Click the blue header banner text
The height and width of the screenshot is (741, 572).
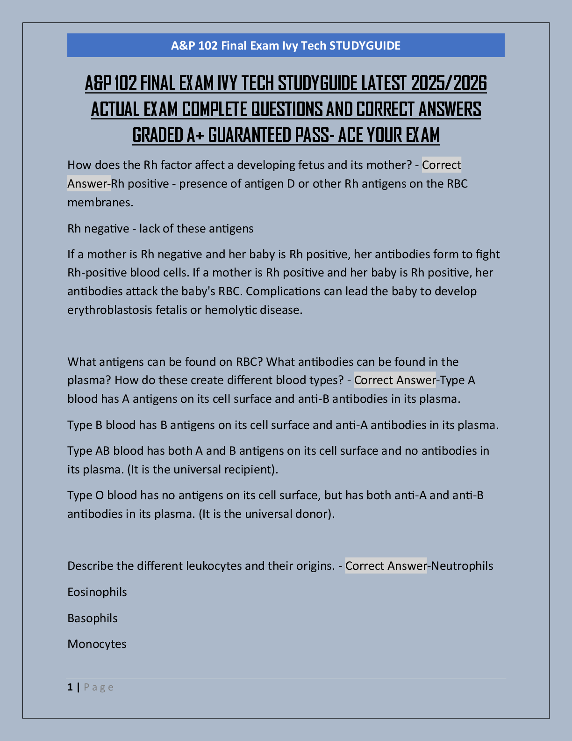(286, 45)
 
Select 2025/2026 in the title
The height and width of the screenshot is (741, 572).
(449, 84)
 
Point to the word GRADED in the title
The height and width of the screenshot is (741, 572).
(157, 135)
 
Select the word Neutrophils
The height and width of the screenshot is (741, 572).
(462, 566)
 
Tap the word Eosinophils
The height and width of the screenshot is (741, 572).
(97, 592)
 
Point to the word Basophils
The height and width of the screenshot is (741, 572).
(93, 618)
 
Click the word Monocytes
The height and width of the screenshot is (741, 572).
(97, 644)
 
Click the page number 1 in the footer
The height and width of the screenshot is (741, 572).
(70, 687)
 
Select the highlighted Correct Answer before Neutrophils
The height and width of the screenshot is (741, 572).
(386, 566)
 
